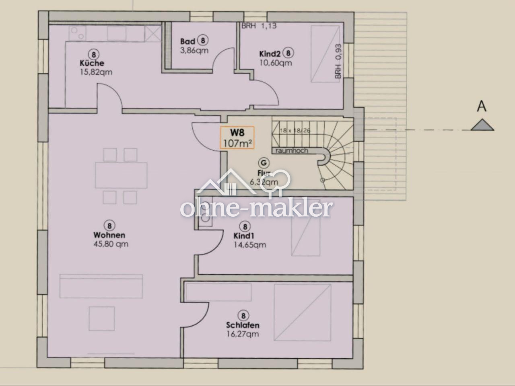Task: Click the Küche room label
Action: coord(92,63)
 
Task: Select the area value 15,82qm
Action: coord(96,72)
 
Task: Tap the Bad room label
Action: coord(187,41)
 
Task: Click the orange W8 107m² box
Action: coord(237,138)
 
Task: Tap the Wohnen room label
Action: coord(109,235)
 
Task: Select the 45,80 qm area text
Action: coord(111,244)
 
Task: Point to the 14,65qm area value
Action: coord(249,245)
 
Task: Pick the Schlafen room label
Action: coord(242,325)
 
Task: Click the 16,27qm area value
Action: coord(242,334)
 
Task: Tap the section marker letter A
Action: coord(481,107)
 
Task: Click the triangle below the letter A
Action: coord(483,125)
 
